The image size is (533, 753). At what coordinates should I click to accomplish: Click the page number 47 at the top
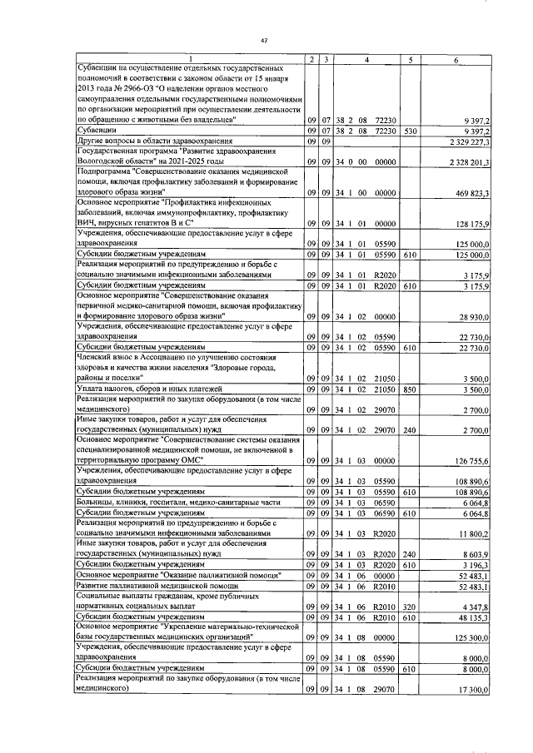(x=264, y=41)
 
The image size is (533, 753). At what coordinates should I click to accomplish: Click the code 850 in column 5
(x=410, y=388)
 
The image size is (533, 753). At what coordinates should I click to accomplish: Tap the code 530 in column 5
(x=410, y=131)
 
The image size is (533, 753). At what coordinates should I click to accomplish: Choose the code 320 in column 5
(x=410, y=618)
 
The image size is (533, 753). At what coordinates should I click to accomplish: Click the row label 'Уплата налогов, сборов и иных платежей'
(x=136, y=388)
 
